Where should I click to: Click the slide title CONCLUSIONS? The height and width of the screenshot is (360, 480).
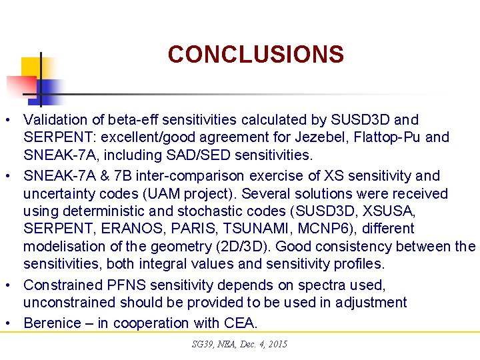point(255,54)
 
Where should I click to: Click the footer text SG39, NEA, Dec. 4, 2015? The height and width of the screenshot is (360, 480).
point(239,344)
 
